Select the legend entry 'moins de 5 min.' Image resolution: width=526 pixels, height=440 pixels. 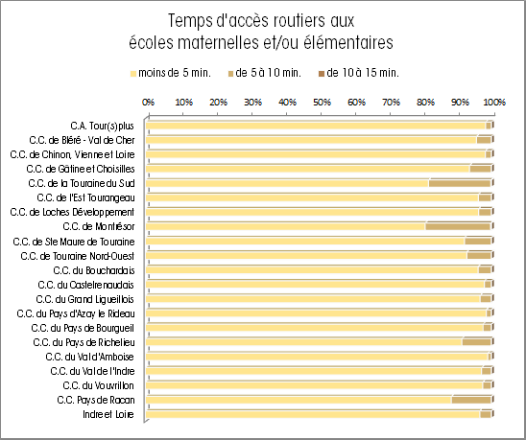pyautogui.click(x=171, y=73)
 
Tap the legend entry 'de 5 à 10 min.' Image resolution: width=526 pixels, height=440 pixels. pyautogui.click(x=264, y=73)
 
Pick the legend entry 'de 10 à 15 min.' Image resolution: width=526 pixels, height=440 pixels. pyautogui.click(x=359, y=73)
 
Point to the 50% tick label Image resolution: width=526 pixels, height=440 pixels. pyautogui.click(x=322, y=102)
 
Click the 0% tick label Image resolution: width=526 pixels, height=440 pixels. pyautogui.click(x=148, y=102)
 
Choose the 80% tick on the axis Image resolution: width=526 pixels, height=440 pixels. pyautogui.click(x=425, y=102)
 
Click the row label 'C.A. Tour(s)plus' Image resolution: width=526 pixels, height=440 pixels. pyautogui.click(x=103, y=126)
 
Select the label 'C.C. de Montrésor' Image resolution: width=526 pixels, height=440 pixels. pyautogui.click(x=99, y=227)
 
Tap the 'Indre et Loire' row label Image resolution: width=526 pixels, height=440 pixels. pyautogui.click(x=108, y=414)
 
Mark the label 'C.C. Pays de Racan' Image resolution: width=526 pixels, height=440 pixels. pyautogui.click(x=96, y=400)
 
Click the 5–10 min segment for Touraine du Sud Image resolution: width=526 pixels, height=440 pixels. pyautogui.click(x=460, y=183)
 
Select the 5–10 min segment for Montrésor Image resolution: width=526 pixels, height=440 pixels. pyautogui.click(x=458, y=226)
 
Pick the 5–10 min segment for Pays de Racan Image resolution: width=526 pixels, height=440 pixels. pyautogui.click(x=471, y=400)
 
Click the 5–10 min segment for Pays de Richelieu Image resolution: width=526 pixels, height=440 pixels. pyautogui.click(x=477, y=342)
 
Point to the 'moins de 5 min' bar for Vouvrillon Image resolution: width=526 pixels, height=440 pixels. pyautogui.click(x=315, y=385)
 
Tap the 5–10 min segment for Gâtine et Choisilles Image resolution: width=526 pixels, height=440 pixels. pyautogui.click(x=480, y=169)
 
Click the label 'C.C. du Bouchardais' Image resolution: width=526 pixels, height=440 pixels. pyautogui.click(x=94, y=270)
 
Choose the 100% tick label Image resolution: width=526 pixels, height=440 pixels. pyautogui.click(x=494, y=102)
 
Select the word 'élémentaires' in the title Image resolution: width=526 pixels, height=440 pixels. pyautogui.click(x=348, y=43)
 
